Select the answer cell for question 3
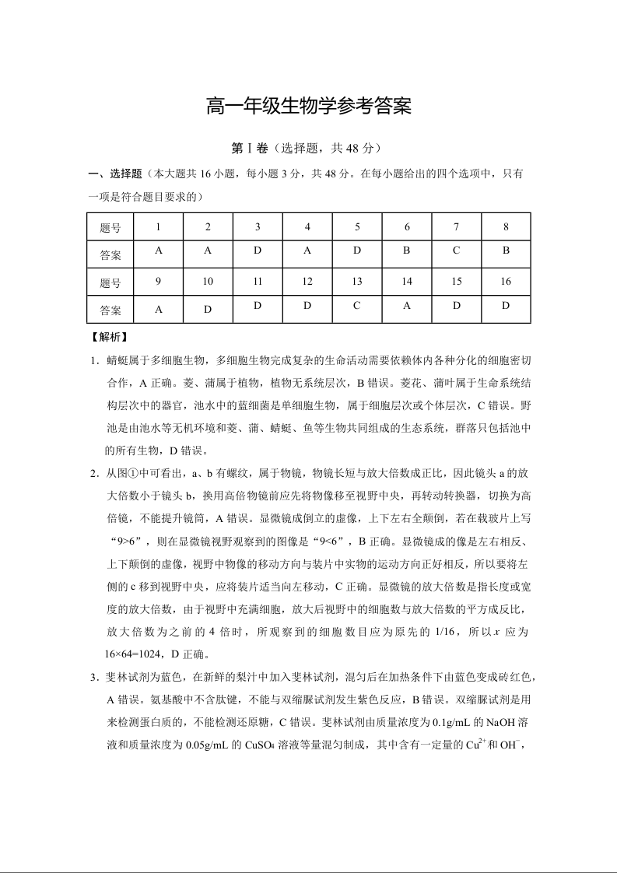pos(258,251)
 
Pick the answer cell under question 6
pos(407,251)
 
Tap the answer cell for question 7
pos(457,251)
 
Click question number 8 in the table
pos(506,227)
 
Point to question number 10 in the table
pos(208,282)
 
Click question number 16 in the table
pos(506,282)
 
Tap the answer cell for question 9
pos(158,309)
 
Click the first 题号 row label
pos(110,228)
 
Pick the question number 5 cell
pos(357,227)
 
